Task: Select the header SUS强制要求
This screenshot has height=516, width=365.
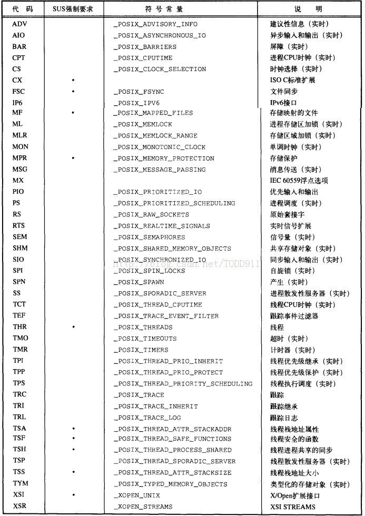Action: coord(74,9)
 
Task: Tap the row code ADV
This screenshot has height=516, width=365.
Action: coord(19,24)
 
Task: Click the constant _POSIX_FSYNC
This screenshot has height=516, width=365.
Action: coord(139,91)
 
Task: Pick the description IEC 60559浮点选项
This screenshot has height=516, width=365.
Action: coord(299,181)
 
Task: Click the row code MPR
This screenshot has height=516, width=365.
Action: coord(21,158)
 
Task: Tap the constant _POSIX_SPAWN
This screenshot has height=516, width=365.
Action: coord(139,282)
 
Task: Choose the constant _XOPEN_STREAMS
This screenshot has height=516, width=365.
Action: coord(144,507)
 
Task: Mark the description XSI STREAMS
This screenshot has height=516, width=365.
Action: coord(293,507)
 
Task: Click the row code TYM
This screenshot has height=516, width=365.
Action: coord(21,484)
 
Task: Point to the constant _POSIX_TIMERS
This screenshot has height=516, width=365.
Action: coord(141,350)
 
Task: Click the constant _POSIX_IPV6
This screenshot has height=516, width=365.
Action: coord(136,102)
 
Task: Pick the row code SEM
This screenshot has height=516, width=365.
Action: coord(20,237)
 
